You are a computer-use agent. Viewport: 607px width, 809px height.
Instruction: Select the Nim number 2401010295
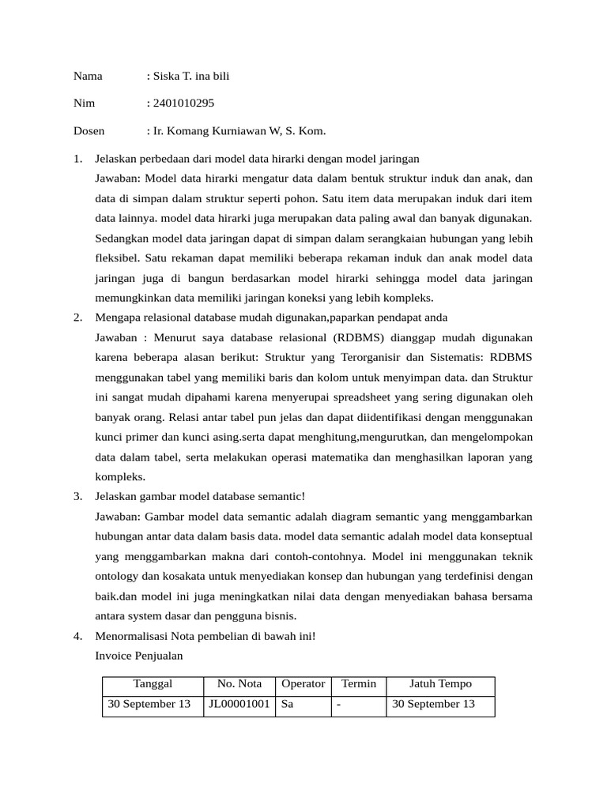(x=183, y=103)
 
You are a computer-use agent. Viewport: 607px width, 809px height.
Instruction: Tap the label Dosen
(x=89, y=131)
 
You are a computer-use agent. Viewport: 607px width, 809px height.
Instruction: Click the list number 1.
(x=78, y=159)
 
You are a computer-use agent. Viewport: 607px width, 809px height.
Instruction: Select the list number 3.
(x=78, y=496)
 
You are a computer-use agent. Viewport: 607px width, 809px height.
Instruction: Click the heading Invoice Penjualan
(x=140, y=655)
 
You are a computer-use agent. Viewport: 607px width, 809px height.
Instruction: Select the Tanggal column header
(x=153, y=684)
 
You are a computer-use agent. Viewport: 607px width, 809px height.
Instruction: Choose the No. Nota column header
(x=239, y=684)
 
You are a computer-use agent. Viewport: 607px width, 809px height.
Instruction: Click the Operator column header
(x=303, y=684)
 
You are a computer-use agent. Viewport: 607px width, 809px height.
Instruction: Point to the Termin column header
(x=358, y=684)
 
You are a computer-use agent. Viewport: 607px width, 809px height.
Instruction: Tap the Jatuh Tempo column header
(x=440, y=684)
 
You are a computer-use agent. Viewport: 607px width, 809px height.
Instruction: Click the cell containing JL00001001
(x=239, y=704)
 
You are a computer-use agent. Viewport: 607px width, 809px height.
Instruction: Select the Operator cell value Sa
(x=287, y=704)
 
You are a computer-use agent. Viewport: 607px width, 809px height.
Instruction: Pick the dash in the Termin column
(x=338, y=704)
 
